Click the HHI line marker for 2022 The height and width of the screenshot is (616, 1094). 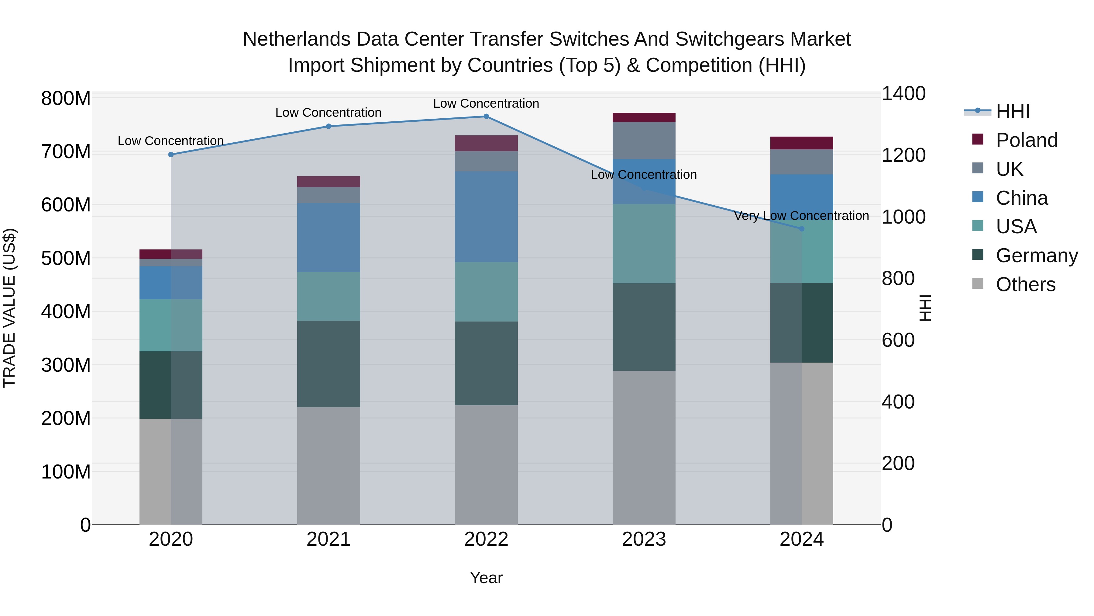(486, 117)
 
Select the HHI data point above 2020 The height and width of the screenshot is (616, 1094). (171, 155)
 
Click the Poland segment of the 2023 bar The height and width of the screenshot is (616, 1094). (644, 117)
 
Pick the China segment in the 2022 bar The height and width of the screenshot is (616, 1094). (486, 217)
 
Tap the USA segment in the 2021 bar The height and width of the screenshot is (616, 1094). (328, 296)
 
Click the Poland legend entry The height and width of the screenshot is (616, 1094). (1026, 140)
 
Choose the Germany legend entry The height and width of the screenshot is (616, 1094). (1036, 256)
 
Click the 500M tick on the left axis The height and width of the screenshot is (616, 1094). (66, 258)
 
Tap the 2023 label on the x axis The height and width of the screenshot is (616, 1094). (644, 539)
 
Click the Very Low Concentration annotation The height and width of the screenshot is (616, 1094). (801, 216)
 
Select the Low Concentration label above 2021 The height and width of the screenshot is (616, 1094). (328, 113)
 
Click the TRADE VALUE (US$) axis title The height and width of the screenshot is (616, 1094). (10, 308)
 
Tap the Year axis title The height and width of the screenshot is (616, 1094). (486, 578)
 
